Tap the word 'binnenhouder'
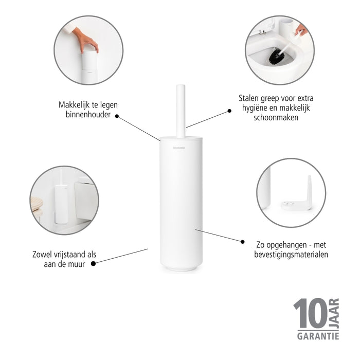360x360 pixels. coord(88,115)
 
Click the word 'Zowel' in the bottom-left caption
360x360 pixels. coord(43,255)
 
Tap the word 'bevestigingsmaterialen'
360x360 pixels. coord(291,254)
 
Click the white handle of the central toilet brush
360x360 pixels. coord(181,111)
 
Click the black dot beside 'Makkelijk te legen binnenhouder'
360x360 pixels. coord(117,116)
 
